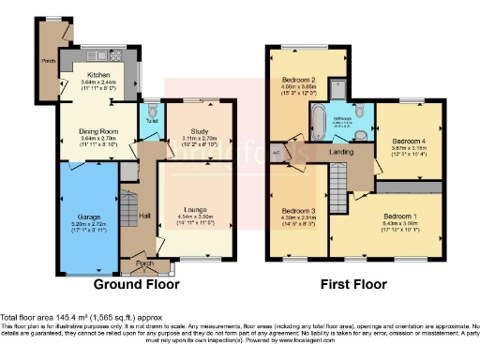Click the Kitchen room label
99,74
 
